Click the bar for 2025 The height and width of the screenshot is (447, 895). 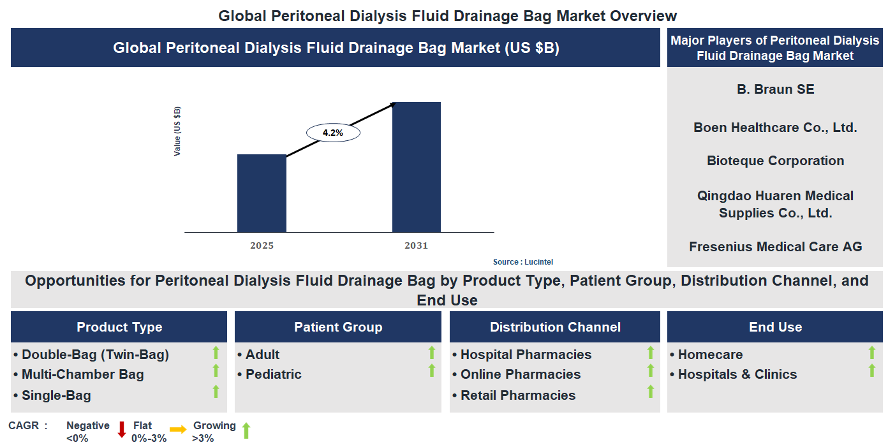coord(262,193)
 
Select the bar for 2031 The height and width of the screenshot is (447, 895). coord(416,167)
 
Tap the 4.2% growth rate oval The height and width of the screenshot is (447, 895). coord(333,133)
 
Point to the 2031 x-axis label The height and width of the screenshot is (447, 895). coord(416,245)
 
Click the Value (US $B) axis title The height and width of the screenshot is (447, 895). coord(177,131)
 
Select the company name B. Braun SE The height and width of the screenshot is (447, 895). coord(775,89)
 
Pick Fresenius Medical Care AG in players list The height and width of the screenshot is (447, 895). coord(775,247)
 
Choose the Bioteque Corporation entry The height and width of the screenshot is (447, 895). coord(775,161)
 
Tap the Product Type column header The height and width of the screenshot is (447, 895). coord(119,327)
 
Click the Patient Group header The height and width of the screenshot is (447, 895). coord(338,327)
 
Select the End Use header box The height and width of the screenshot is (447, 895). coord(775,327)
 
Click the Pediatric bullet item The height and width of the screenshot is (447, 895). coord(273,374)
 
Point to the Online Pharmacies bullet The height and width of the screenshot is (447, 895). coord(520,374)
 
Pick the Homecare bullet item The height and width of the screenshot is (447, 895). coord(709,355)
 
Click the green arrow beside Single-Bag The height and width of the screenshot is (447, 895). coord(216,392)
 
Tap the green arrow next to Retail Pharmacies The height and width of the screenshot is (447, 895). coord(650,392)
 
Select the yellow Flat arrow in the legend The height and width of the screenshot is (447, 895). coord(178,430)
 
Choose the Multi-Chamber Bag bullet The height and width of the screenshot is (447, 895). coord(82,374)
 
